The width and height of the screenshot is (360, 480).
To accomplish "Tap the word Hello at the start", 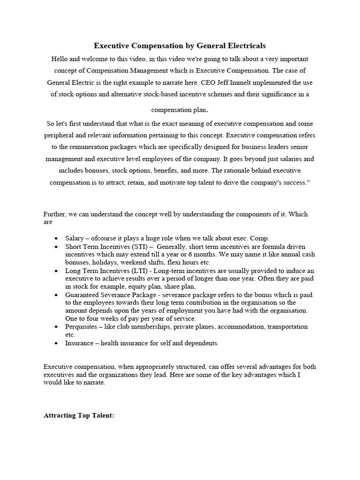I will click(61, 59).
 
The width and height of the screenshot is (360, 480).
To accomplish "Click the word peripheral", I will click(60, 135).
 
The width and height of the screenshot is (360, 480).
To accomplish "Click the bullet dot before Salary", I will click(57, 238).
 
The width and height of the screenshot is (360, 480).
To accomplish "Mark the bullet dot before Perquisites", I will click(57, 327).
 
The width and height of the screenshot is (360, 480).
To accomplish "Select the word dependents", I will click(198, 343).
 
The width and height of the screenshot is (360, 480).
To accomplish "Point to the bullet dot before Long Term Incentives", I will click(57, 271).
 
